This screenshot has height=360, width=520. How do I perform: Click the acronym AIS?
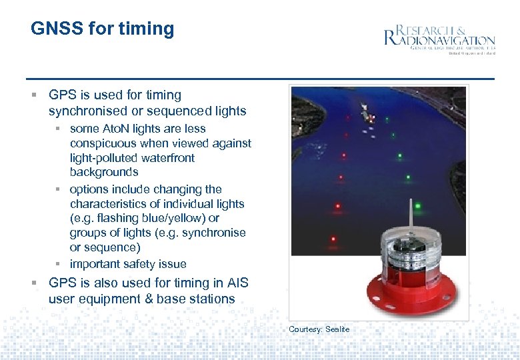tap(238, 283)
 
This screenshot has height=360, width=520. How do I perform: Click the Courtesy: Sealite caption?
tap(319, 329)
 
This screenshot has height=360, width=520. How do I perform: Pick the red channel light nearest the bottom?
tap(333, 238)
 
